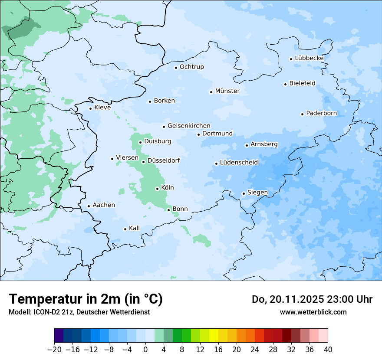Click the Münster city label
click(x=227, y=91)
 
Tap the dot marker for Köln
click(x=157, y=189)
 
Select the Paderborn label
click(x=322, y=113)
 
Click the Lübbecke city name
click(x=310, y=58)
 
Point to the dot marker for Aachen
click(x=89, y=206)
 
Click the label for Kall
click(x=135, y=228)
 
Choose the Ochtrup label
click(x=192, y=67)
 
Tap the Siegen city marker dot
click(x=244, y=194)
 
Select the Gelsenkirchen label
click(x=189, y=126)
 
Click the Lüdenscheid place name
click(x=239, y=163)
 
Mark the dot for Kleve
click(x=90, y=108)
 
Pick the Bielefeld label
click(x=303, y=83)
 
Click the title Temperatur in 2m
click(x=86, y=299)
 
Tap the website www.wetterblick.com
click(x=313, y=312)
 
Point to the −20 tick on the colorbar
click(x=54, y=350)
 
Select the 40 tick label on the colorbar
click(x=328, y=350)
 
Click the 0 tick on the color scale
click(x=145, y=350)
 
